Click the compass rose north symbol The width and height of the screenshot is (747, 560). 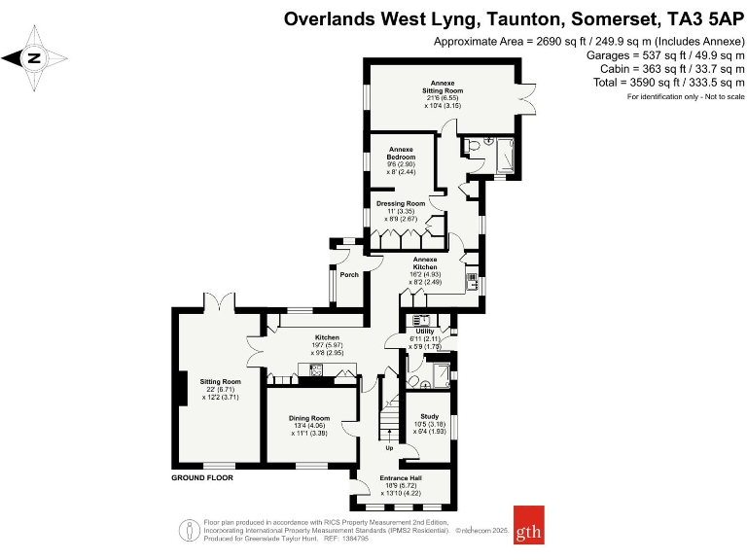coord(34,58)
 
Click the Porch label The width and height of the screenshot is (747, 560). coord(349,275)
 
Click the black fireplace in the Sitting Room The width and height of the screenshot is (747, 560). coord(180,387)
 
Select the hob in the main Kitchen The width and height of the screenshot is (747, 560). coord(316,368)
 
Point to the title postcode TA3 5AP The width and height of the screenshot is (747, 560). coord(696,18)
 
